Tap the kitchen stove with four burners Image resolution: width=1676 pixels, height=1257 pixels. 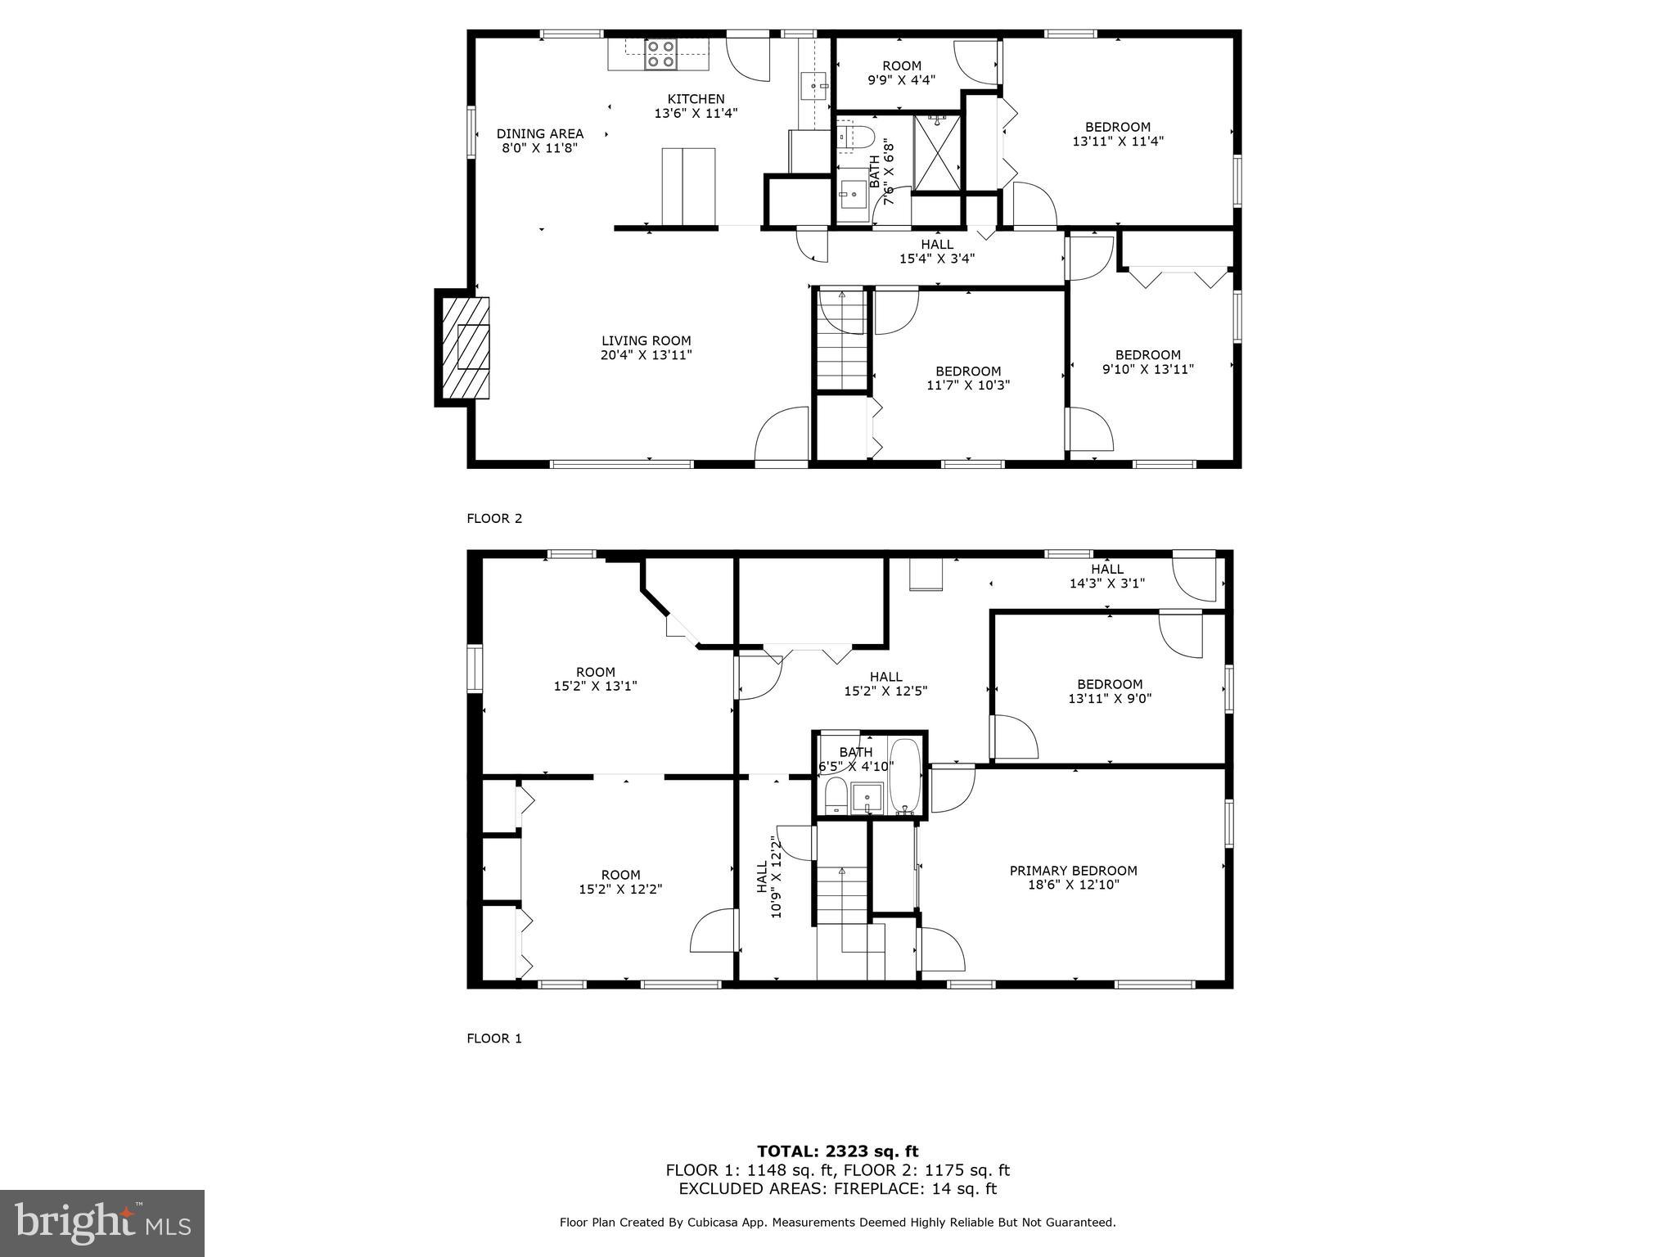(x=660, y=54)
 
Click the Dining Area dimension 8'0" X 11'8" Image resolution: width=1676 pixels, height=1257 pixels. (x=540, y=148)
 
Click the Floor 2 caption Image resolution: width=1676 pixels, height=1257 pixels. (x=493, y=518)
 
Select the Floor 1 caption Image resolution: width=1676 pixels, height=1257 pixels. (x=493, y=1038)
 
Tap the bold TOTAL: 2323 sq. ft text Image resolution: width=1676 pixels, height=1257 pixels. (x=837, y=1152)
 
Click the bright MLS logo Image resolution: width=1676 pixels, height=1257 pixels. (x=102, y=1223)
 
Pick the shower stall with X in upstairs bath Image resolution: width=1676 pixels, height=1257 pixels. (x=937, y=152)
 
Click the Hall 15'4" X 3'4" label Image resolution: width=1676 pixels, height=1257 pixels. (x=936, y=251)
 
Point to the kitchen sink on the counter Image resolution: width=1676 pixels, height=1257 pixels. (x=814, y=84)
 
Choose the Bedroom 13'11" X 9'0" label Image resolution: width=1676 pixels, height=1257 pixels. (x=1109, y=691)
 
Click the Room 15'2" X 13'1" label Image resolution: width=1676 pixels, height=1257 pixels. (x=595, y=678)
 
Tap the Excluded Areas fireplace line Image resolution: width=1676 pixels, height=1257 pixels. (x=837, y=1189)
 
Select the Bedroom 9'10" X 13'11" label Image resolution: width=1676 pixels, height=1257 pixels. (x=1147, y=361)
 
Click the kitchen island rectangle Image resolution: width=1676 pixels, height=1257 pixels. (x=688, y=186)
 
